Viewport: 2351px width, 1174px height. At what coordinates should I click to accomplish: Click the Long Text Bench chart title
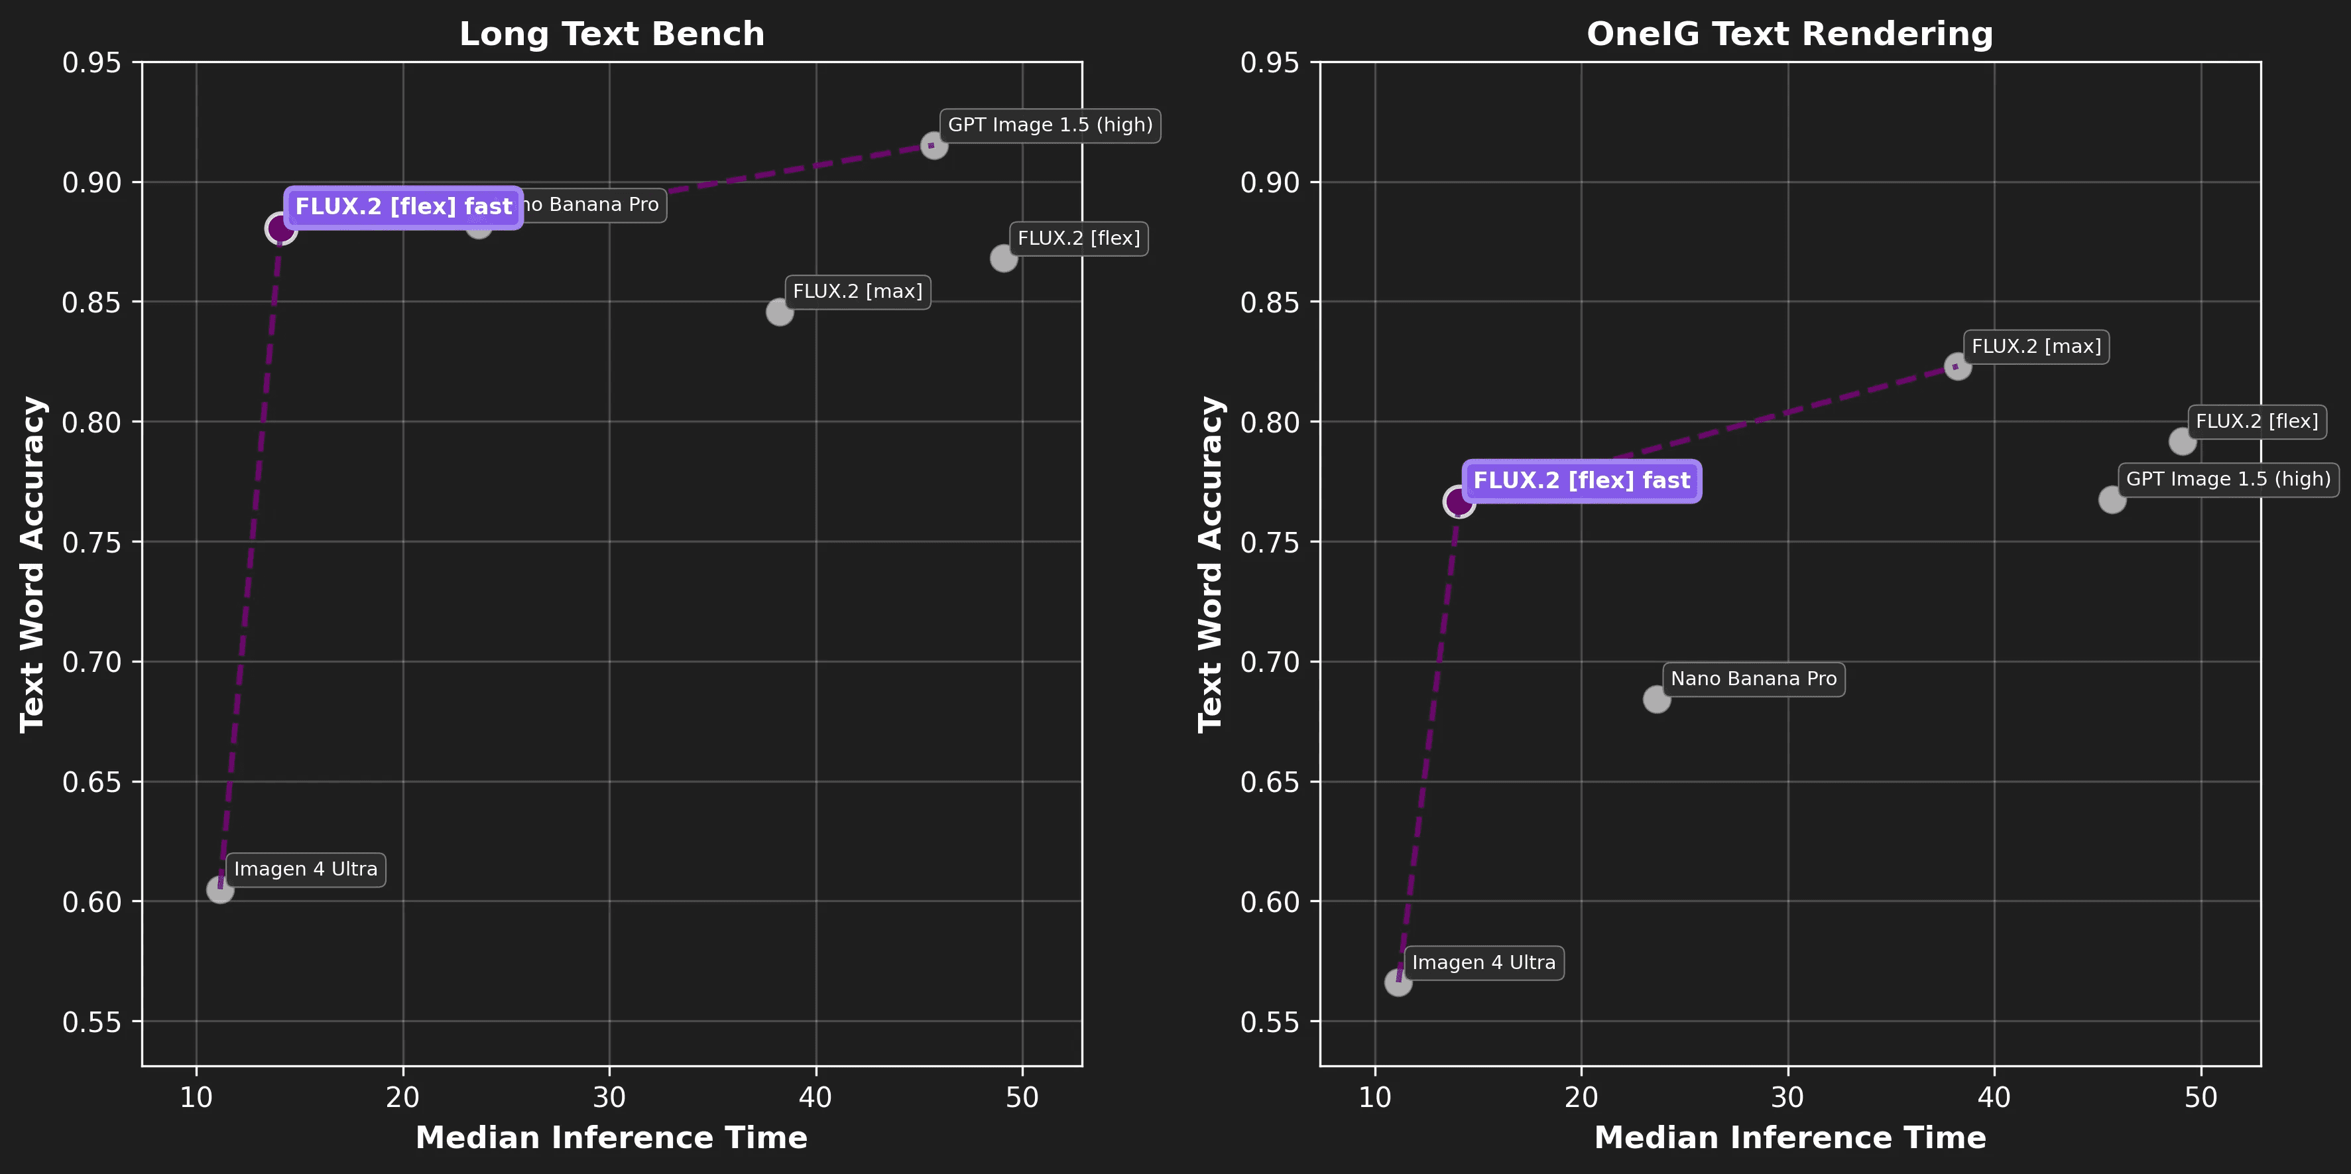click(611, 34)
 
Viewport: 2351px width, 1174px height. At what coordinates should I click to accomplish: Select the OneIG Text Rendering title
click(1789, 34)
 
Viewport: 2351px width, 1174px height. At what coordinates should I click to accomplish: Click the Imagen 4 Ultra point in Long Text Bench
click(220, 888)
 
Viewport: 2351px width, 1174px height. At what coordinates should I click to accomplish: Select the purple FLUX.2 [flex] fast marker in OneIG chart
click(1459, 501)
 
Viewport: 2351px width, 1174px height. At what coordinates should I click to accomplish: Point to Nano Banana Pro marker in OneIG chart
click(1656, 699)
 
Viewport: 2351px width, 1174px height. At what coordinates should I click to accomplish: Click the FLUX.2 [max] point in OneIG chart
click(1957, 367)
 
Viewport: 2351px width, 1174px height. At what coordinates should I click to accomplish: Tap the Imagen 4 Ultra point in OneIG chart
click(1398, 982)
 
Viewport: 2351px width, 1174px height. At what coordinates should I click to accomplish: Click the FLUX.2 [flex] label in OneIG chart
click(2256, 422)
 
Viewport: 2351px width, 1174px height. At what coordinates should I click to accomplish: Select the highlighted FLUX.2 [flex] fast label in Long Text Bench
click(403, 207)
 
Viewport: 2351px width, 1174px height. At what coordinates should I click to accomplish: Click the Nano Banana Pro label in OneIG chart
click(1752, 679)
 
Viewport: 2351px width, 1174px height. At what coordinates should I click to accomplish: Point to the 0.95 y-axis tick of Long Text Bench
click(91, 63)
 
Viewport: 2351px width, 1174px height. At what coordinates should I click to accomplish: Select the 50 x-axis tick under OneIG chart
click(2200, 1097)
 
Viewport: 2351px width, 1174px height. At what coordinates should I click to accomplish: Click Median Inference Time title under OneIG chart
click(1789, 1138)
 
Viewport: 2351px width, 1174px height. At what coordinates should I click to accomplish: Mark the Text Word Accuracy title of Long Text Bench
click(33, 564)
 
